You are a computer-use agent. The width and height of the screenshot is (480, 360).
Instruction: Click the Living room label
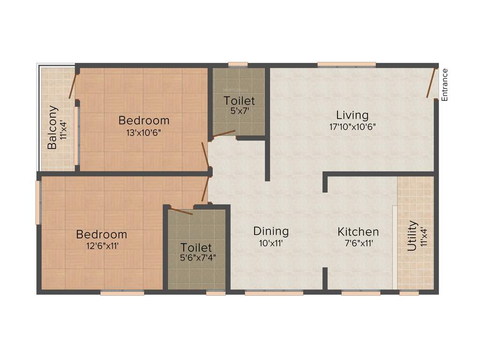pyautogui.click(x=352, y=115)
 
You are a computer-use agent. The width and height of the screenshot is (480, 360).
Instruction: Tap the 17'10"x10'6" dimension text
pyautogui.click(x=352, y=126)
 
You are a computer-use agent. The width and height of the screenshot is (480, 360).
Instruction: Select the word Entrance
pyautogui.click(x=445, y=85)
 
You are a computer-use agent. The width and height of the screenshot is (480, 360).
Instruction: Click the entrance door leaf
pyautogui.click(x=431, y=83)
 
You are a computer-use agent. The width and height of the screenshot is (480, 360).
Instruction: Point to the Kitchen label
pyautogui.click(x=358, y=232)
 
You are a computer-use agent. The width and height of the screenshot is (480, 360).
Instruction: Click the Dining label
pyautogui.click(x=271, y=231)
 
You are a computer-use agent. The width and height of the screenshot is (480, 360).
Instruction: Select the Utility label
pyautogui.click(x=412, y=236)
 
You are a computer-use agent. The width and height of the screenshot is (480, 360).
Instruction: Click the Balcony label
pyautogui.click(x=52, y=127)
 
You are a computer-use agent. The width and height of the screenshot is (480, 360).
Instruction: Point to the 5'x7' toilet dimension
pyautogui.click(x=239, y=112)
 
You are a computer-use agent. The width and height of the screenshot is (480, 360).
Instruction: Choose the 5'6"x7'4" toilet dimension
pyautogui.click(x=197, y=257)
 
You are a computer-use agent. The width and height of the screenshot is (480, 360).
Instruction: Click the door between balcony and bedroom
pyautogui.click(x=73, y=85)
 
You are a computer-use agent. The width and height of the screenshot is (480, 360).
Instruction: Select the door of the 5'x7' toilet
pyautogui.click(x=224, y=134)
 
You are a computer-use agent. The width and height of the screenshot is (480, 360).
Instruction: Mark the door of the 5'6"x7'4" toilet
pyautogui.click(x=181, y=211)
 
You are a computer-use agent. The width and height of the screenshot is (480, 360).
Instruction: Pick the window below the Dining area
pyautogui.click(x=274, y=293)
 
